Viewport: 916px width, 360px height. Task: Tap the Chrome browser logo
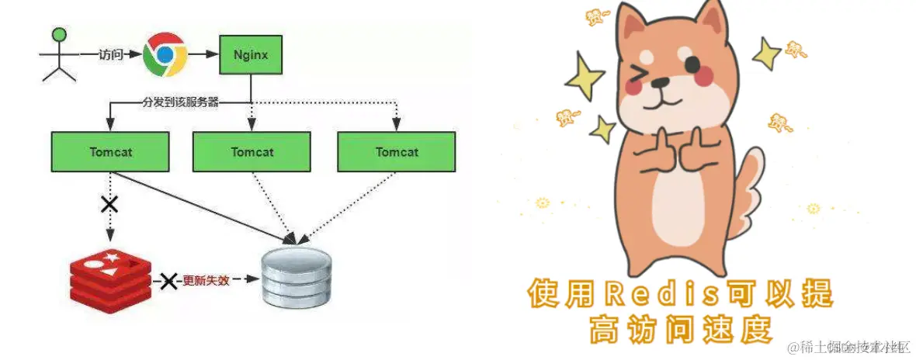pyautogui.click(x=165, y=54)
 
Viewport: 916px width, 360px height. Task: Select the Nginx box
pyautogui.click(x=249, y=54)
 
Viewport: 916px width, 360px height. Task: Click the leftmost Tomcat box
pyautogui.click(x=109, y=151)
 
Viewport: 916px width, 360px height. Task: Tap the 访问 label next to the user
pyautogui.click(x=110, y=55)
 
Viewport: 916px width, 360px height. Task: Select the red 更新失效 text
pyautogui.click(x=206, y=280)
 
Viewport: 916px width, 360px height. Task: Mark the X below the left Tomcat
pyautogui.click(x=110, y=205)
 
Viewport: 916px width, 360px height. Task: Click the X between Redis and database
pyautogui.click(x=168, y=281)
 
